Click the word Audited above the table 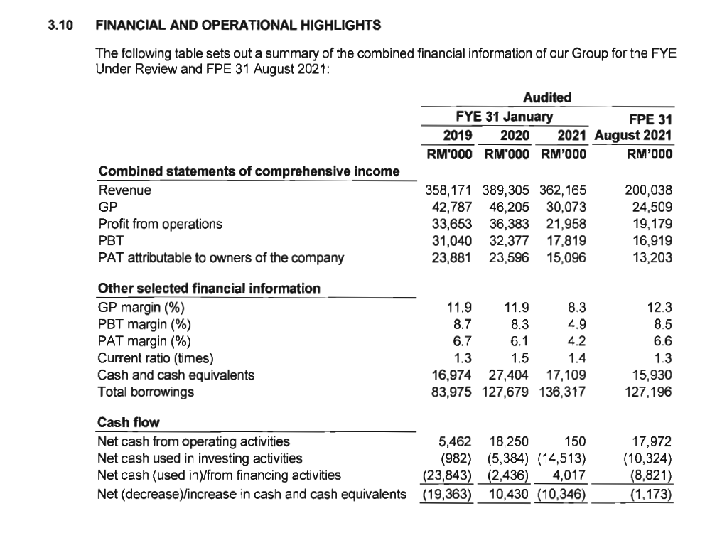pos(546,97)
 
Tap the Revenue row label pos(124,190)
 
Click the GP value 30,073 pos(567,207)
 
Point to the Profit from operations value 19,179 pos(652,224)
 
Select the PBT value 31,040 pos(453,241)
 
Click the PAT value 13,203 pos(652,258)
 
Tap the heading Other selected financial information pos(208,289)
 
